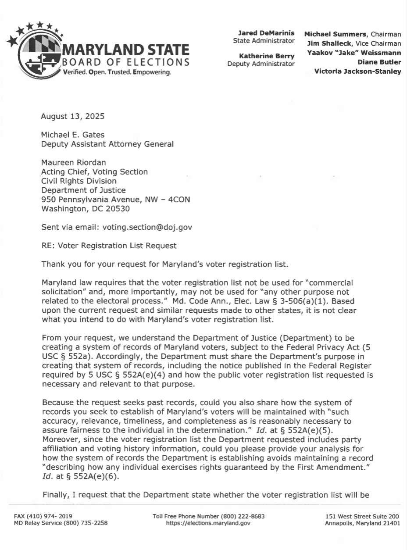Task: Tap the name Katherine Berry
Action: [266, 56]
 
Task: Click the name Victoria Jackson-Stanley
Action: [358, 71]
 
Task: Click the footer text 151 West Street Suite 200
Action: [362, 516]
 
